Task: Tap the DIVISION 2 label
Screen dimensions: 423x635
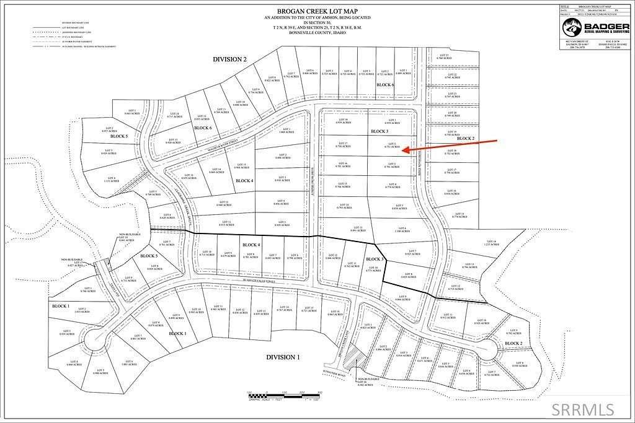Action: [x=229, y=59]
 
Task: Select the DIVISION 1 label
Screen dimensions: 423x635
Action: [x=283, y=357]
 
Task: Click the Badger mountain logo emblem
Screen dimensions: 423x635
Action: [x=570, y=28]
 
